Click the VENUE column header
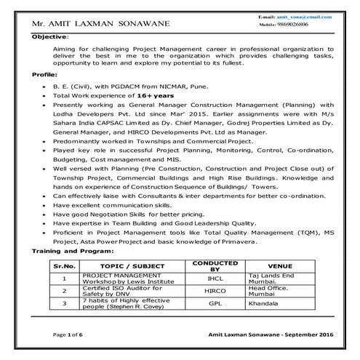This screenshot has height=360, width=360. click(x=280, y=265)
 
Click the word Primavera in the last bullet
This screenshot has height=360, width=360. click(x=233, y=241)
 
